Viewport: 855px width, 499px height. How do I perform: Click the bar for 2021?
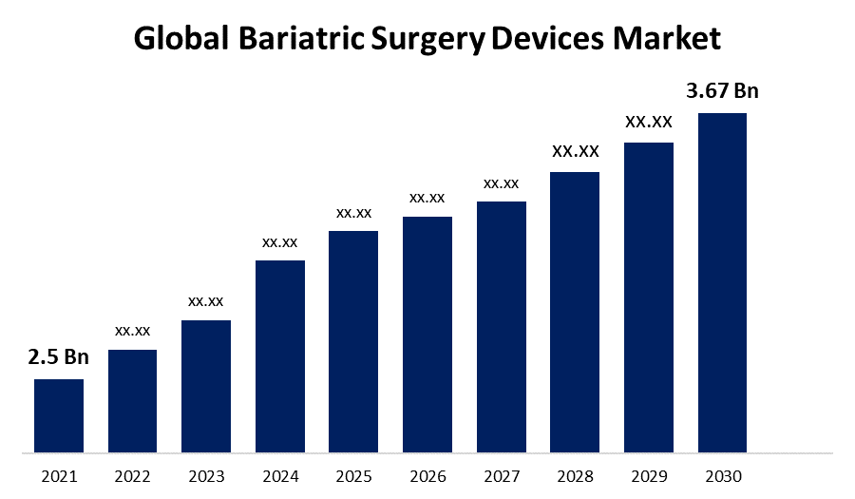pyautogui.click(x=59, y=415)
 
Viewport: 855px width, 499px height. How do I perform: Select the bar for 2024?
pyautogui.click(x=280, y=356)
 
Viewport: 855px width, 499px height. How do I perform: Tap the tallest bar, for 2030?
pyautogui.click(x=722, y=282)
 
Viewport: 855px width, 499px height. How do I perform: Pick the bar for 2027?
pyautogui.click(x=502, y=327)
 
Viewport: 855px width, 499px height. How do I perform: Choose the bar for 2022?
pyautogui.click(x=132, y=400)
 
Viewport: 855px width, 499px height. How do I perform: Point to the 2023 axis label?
pyautogui.click(x=206, y=475)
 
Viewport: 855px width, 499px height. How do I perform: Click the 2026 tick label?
pyautogui.click(x=427, y=475)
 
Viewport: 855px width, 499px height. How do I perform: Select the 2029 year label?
pyautogui.click(x=649, y=475)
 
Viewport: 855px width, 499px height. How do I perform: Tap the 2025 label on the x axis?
pyautogui.click(x=353, y=475)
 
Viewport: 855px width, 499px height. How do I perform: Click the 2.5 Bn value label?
pyautogui.click(x=58, y=357)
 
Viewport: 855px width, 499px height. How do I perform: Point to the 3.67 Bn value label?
pyautogui.click(x=722, y=91)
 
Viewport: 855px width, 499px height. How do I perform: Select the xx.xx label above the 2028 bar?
pyautogui.click(x=576, y=151)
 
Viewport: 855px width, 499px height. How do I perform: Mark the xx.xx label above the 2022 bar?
pyautogui.click(x=132, y=331)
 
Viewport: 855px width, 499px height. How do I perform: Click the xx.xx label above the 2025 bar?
pyautogui.click(x=353, y=212)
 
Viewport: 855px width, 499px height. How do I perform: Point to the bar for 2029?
pyautogui.click(x=649, y=297)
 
